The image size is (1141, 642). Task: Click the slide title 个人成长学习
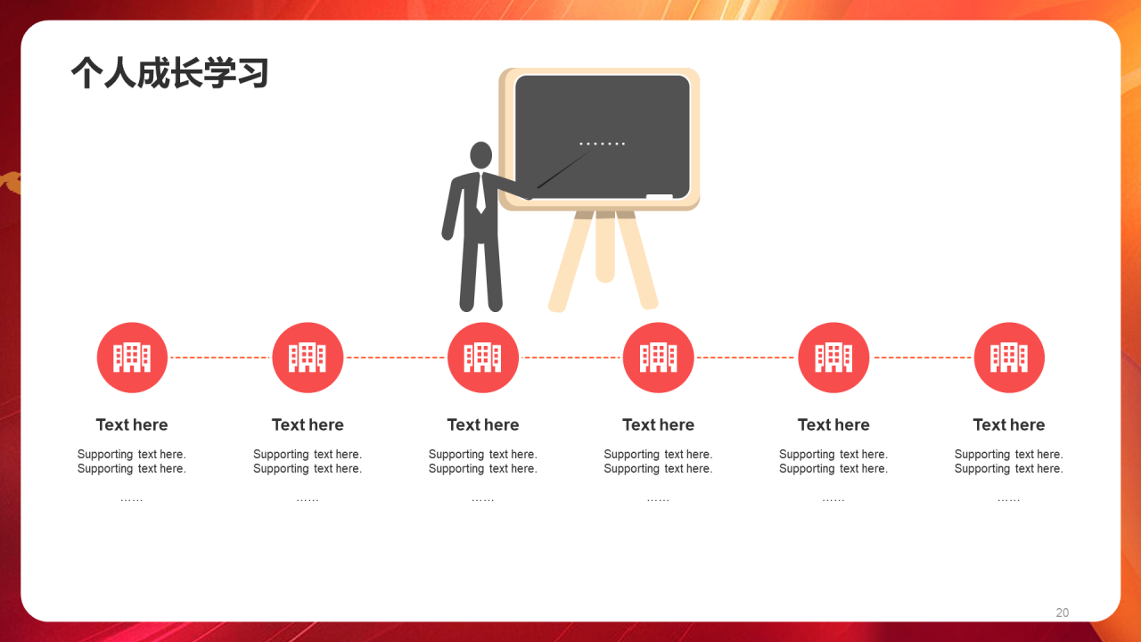(169, 73)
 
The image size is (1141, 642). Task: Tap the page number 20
(1062, 613)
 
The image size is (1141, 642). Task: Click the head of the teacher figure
(480, 155)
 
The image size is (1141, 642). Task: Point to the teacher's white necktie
(480, 193)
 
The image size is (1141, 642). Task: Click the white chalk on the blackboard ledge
(660, 197)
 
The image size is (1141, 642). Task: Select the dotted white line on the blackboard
(602, 144)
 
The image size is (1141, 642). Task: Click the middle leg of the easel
(605, 246)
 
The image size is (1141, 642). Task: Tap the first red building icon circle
(132, 358)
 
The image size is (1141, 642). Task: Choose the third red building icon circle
(483, 358)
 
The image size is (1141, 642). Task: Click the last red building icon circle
(1009, 358)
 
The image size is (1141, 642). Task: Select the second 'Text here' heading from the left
(308, 424)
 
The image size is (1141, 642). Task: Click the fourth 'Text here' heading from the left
(658, 424)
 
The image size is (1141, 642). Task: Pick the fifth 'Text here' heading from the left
(833, 424)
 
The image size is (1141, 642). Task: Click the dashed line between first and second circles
(220, 358)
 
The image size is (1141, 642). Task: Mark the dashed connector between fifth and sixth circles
(922, 358)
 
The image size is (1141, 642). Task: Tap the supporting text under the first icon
(132, 461)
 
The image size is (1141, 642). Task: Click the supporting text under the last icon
(1009, 461)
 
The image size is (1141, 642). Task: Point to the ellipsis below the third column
(483, 500)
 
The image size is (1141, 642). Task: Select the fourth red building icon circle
(658, 358)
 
